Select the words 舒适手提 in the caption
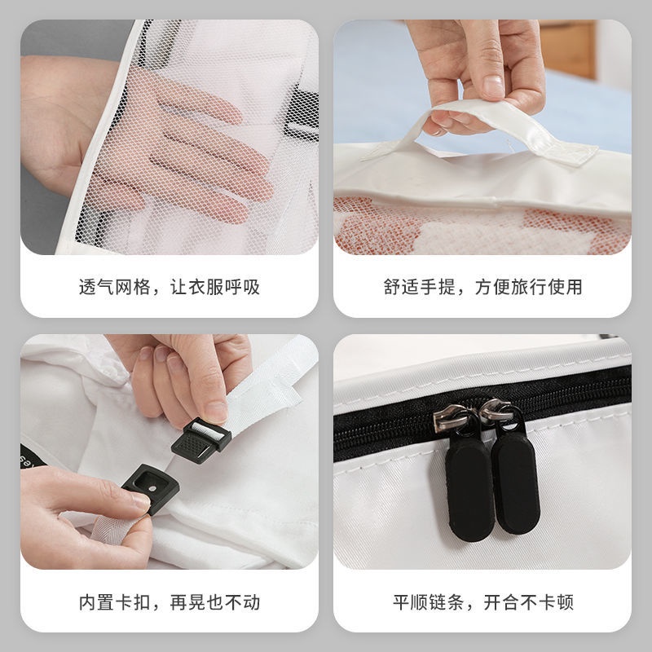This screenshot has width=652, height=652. tap(416, 288)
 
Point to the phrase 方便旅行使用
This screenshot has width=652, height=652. tap(534, 288)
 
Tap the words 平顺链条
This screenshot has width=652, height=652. tap(421, 603)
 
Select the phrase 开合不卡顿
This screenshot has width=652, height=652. tap(527, 603)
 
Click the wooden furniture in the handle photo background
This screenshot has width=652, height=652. tap(566, 49)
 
